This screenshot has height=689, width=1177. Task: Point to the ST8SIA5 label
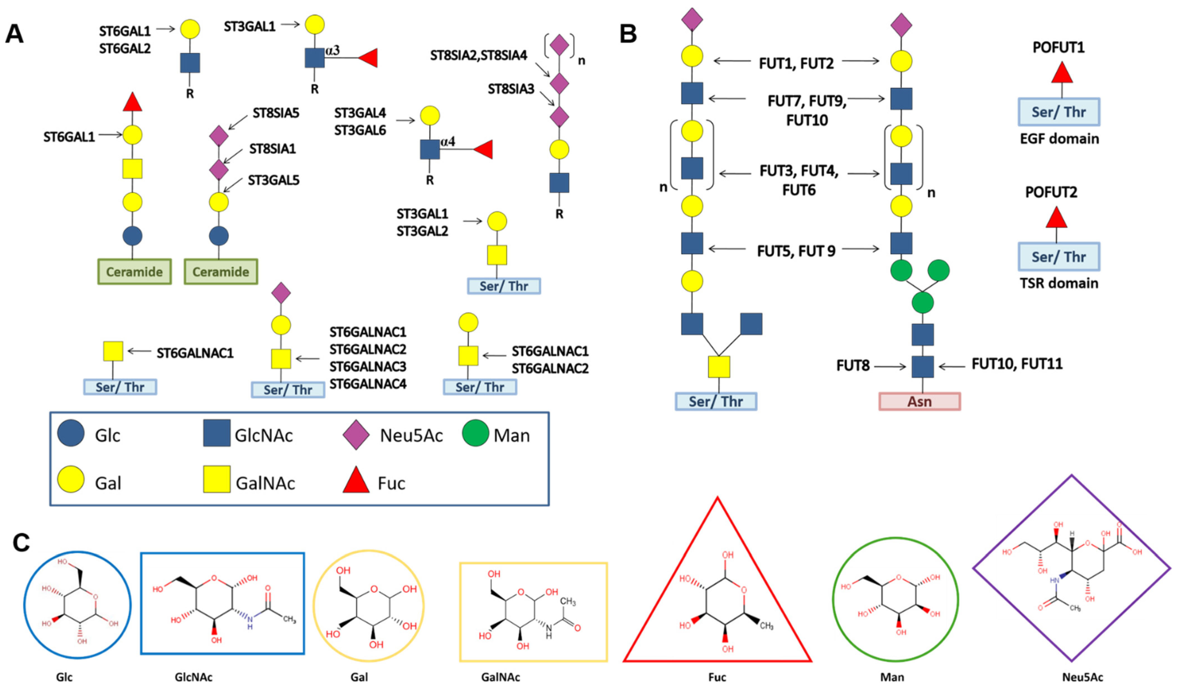pyautogui.click(x=276, y=113)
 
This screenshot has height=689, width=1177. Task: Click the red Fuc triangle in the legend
pyautogui.click(x=356, y=481)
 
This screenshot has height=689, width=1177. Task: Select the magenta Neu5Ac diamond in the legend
pyautogui.click(x=356, y=434)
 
